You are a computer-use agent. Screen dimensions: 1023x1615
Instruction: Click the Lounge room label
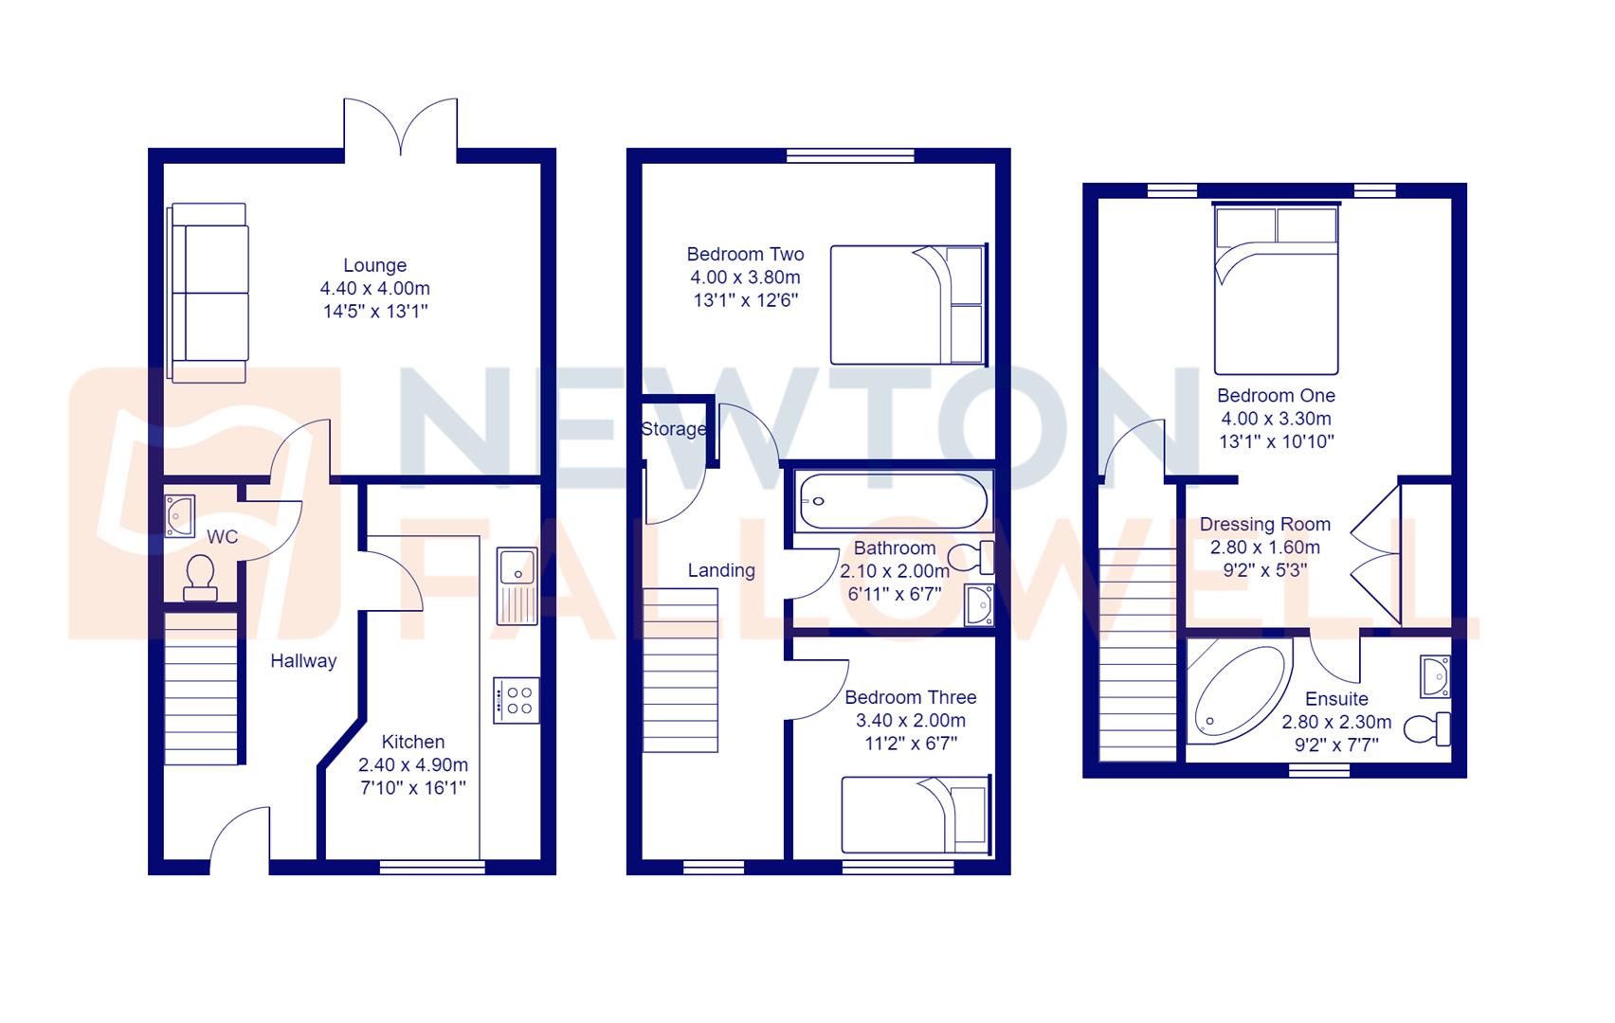(x=375, y=266)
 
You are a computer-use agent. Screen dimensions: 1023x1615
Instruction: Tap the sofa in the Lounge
(x=210, y=293)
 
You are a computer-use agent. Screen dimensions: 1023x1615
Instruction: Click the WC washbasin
(x=178, y=514)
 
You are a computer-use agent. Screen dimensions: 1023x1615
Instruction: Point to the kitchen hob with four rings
(x=517, y=701)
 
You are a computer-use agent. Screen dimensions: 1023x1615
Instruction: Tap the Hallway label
(x=303, y=661)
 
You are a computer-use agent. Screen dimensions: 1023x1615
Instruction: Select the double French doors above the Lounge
(x=401, y=128)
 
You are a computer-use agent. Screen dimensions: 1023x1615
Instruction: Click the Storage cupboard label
(x=673, y=429)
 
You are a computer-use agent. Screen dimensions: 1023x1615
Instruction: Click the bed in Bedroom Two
(x=908, y=305)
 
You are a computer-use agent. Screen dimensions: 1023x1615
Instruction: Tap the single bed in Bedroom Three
(x=915, y=814)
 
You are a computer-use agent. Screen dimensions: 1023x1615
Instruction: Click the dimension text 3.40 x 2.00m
(x=910, y=721)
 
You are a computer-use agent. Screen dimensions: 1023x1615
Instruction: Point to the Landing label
(x=721, y=570)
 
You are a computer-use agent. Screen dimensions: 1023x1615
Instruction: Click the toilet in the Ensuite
(x=1426, y=728)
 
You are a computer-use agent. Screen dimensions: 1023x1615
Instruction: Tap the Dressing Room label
(x=1264, y=525)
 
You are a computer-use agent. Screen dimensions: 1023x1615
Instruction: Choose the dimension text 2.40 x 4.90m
(x=412, y=765)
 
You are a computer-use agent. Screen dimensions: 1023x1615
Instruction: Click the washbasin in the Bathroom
(x=977, y=606)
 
